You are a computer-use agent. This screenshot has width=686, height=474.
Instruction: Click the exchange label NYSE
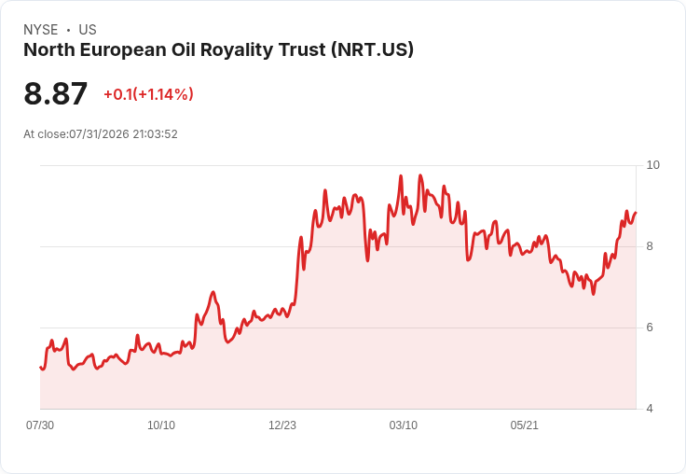41,30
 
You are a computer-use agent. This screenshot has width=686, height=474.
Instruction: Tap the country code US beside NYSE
88,30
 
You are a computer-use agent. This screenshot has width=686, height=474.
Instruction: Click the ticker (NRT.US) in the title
372,50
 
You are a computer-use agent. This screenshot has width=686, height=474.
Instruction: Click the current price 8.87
56,93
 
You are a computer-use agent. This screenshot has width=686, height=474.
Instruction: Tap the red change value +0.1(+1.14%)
148,94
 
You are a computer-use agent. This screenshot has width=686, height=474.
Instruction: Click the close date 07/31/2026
99,134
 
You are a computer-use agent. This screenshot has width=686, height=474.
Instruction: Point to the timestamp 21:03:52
155,134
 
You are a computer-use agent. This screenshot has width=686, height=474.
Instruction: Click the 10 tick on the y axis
652,165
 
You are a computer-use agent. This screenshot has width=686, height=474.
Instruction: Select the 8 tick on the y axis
650,246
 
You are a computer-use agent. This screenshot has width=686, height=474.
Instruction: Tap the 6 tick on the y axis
650,328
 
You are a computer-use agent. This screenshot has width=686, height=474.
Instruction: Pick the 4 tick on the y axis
650,409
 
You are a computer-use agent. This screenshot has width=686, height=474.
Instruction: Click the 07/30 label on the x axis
40,425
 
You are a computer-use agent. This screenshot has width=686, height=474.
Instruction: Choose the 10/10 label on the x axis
161,425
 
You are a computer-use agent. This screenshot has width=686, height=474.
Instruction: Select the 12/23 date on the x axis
282,425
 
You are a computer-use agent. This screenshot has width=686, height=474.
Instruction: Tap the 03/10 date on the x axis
404,425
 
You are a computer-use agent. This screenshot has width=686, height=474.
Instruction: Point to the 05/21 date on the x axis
524,425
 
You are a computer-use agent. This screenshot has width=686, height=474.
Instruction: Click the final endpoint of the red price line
636,213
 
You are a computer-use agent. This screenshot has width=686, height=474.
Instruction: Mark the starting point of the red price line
40,367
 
